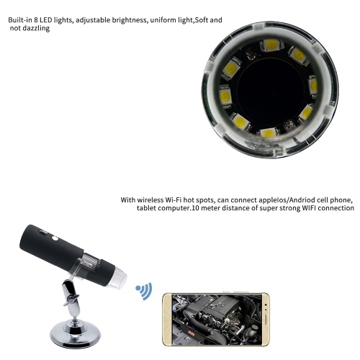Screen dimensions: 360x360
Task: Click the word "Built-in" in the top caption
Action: (20, 20)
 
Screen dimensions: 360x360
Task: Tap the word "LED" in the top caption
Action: (45, 20)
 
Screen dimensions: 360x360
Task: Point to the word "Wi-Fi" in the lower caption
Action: (174, 200)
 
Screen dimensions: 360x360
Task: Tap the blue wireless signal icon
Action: (144, 291)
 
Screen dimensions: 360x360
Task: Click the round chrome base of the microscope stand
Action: (75, 336)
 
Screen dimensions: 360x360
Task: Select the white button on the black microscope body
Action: (55, 238)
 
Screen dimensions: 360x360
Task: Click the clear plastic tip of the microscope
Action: (117, 279)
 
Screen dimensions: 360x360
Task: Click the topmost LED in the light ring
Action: (271, 45)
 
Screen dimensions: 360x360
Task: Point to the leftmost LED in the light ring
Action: (225, 96)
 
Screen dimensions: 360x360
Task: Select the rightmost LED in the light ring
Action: (313, 86)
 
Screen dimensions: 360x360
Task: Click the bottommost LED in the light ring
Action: (268, 133)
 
